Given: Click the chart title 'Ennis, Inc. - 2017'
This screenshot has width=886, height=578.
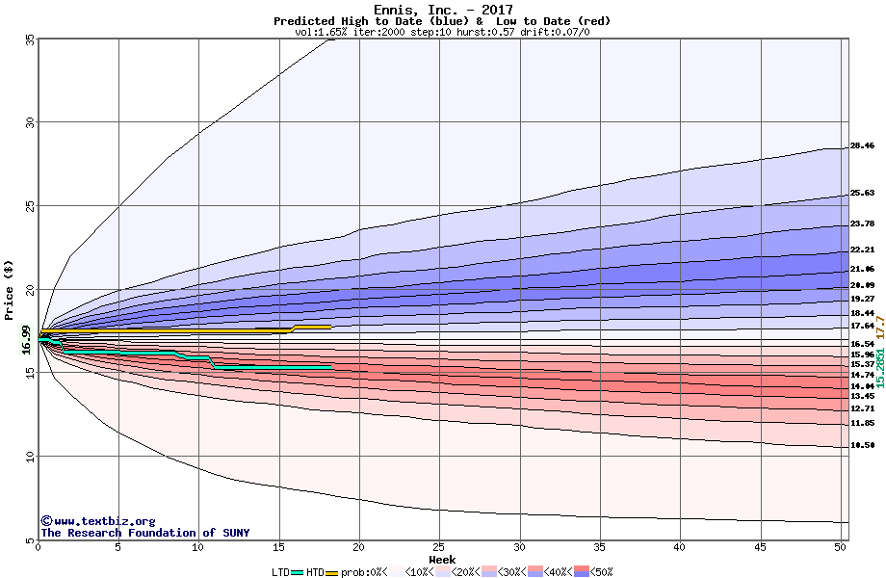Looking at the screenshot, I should tap(442, 11).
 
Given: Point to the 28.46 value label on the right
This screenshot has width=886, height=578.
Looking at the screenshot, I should tap(862, 146).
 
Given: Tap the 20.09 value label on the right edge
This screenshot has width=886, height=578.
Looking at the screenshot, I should tap(862, 285).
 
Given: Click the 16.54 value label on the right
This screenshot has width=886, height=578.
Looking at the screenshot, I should tap(862, 344).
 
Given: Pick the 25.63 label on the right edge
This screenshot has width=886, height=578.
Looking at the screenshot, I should tap(862, 193).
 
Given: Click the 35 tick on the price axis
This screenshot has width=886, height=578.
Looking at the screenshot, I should tap(30, 39).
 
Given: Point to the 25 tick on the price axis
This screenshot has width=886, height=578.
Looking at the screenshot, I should tap(30, 206).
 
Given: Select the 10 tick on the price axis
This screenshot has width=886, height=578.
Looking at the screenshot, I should tap(30, 457).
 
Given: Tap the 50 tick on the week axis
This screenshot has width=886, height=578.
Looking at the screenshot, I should tap(841, 548).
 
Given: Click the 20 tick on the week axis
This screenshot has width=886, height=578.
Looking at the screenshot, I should tap(358, 548).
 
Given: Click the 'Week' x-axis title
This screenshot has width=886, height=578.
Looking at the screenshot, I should tap(442, 560).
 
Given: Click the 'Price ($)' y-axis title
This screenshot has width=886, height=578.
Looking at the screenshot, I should tap(10, 289).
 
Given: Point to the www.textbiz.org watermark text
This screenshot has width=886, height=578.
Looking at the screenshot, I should tap(98, 521).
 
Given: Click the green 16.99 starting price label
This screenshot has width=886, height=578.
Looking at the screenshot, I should tap(26, 340).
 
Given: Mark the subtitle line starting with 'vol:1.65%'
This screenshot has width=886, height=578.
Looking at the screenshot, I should tap(442, 33).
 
